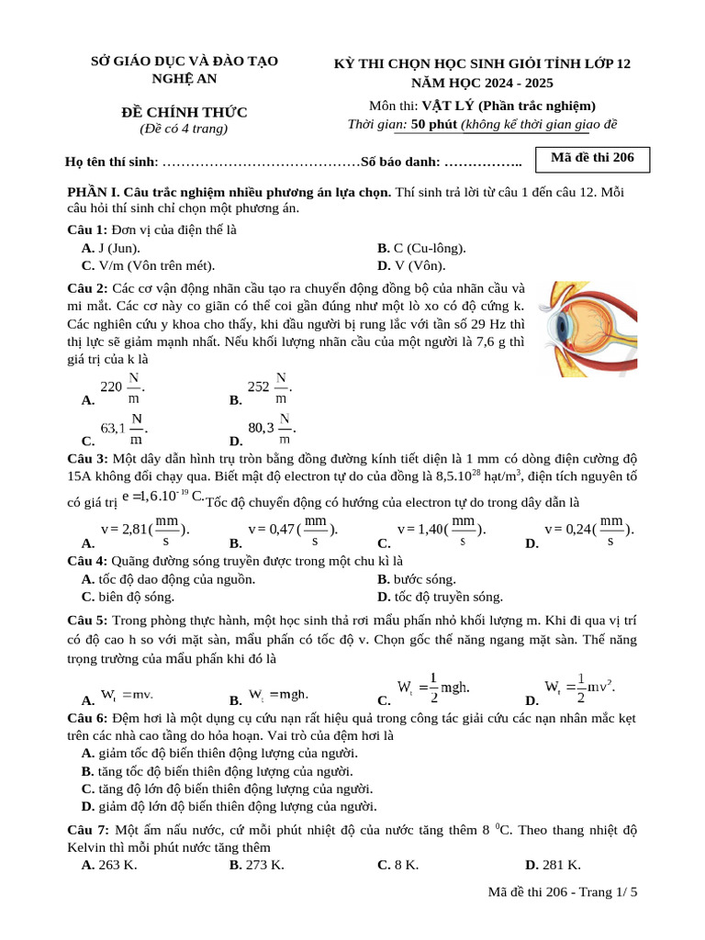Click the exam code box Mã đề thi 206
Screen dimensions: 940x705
coord(592,159)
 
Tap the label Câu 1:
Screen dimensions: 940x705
coord(88,229)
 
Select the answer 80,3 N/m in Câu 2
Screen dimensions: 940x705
coord(272,429)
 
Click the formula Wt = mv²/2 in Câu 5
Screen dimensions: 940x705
coord(579,688)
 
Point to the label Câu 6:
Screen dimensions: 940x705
coord(88,716)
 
